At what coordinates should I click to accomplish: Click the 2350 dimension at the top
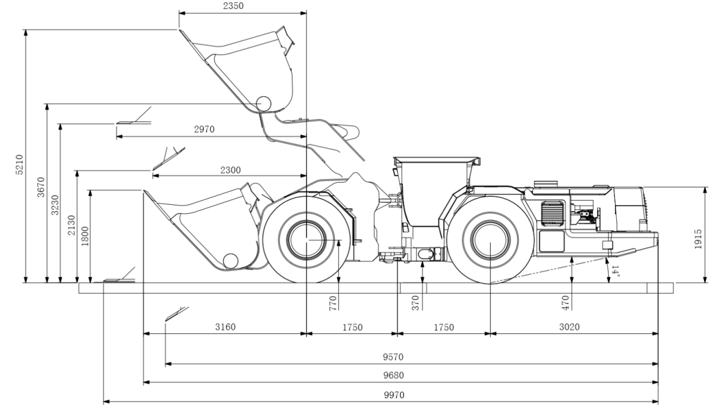[232, 6]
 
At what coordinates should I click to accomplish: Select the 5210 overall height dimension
[19, 164]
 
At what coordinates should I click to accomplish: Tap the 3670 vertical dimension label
[41, 186]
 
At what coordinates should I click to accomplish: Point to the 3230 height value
[55, 203]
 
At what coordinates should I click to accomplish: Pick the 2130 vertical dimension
[72, 225]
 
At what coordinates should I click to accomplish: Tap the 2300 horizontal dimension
[231, 170]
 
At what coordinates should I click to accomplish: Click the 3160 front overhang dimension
[225, 327]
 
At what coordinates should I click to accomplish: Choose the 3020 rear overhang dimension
[569, 327]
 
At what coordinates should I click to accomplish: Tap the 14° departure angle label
[616, 273]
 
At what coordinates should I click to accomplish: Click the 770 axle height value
[333, 303]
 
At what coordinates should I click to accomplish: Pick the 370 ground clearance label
[416, 303]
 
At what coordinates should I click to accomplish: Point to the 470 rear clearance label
[565, 303]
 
